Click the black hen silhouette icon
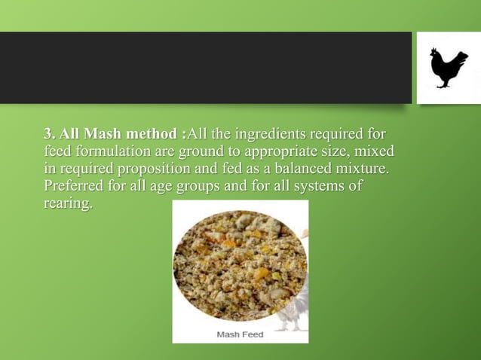[448, 68]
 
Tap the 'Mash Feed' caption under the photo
[240, 334]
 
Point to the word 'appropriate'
[277, 151]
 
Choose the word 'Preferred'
[74, 185]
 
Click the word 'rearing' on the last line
[67, 203]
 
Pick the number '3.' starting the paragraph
[50, 135]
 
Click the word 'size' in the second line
[333, 151]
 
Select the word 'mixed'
[374, 151]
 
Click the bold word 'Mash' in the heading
[99, 135]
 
